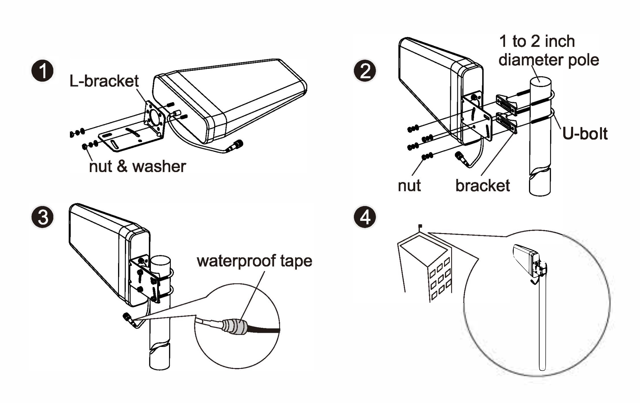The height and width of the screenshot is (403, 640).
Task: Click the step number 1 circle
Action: [43, 71]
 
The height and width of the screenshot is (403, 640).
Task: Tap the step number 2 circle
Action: [365, 71]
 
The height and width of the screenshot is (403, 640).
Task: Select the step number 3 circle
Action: [43, 217]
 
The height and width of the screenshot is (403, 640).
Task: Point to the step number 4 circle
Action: [365, 217]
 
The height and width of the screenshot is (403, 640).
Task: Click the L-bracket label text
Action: [104, 81]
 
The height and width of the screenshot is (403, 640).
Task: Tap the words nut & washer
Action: [137, 167]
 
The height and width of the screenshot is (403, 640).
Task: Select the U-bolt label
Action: [585, 134]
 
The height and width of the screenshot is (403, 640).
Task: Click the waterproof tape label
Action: [255, 261]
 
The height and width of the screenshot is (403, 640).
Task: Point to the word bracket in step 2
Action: [483, 186]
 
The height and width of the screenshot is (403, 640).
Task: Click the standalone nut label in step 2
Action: [409, 186]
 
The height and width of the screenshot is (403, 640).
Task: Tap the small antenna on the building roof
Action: [420, 226]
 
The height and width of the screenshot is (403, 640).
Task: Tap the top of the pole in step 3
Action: [160, 263]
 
